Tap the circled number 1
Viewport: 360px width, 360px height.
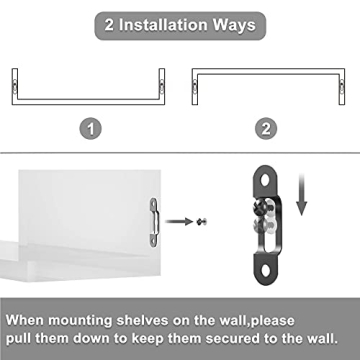pyautogui.click(x=90, y=127)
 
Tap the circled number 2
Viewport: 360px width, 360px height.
pyautogui.click(x=268, y=127)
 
